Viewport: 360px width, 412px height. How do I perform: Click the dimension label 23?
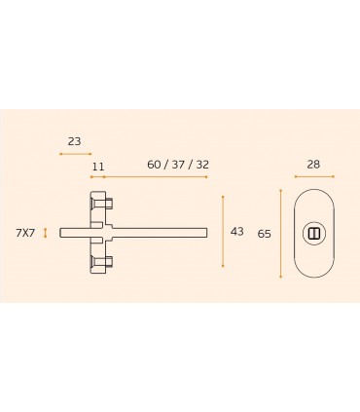74,141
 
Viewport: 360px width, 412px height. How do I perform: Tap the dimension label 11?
98,167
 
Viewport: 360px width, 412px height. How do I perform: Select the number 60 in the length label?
154,165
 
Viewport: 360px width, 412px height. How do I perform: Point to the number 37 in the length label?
178,165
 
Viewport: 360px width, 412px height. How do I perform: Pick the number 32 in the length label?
202,165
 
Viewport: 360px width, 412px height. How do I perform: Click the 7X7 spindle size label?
25,233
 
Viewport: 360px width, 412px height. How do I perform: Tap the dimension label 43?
237,232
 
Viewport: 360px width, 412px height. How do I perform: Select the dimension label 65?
264,234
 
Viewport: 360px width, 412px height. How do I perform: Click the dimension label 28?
313,165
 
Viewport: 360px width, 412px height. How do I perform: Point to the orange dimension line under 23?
76,154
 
